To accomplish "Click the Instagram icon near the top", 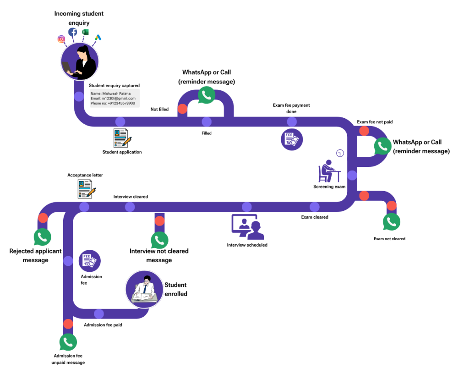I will pos(61,39).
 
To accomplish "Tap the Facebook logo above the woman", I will pos(73,32).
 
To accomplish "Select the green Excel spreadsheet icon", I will pos(85,32).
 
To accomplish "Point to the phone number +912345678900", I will pos(113,104).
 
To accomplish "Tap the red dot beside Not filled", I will pos(182,109).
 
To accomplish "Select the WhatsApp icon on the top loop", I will pos(206,95).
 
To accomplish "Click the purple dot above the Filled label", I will pos(207,121).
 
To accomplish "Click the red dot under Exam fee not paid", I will pos(364,131).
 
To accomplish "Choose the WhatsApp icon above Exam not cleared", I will pos(392,222).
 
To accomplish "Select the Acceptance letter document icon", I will pos(87,188).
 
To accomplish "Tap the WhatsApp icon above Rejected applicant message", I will pos(42,237).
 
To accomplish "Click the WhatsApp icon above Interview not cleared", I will pos(159,240).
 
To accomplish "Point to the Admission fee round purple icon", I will pos(89,261).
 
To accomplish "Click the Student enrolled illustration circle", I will pos(144,289).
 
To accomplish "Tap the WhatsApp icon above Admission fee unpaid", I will pos(68,342).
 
